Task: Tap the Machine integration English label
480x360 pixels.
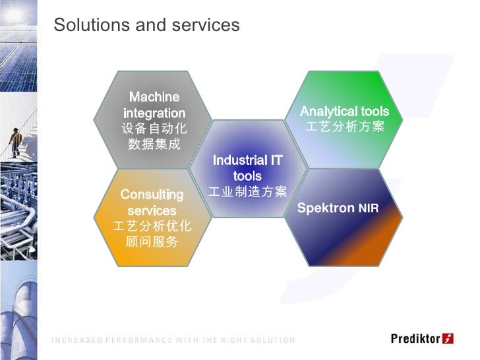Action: (154, 105)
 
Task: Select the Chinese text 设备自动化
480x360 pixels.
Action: (154, 129)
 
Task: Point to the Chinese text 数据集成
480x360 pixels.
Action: (154, 144)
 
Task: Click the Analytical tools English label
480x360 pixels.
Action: (344, 111)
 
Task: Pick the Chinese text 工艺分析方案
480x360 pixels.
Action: (344, 126)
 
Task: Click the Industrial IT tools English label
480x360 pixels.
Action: (247, 168)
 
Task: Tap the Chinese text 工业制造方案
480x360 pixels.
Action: (247, 192)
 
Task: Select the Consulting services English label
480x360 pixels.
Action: (152, 202)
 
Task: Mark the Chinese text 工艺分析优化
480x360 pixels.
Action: (152, 226)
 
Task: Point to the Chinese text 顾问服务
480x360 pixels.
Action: (152, 242)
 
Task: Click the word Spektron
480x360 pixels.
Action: (326, 208)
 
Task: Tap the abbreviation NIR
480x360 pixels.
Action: (369, 209)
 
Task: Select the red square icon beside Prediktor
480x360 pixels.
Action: (448, 339)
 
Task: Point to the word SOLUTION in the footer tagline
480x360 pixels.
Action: (272, 340)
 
